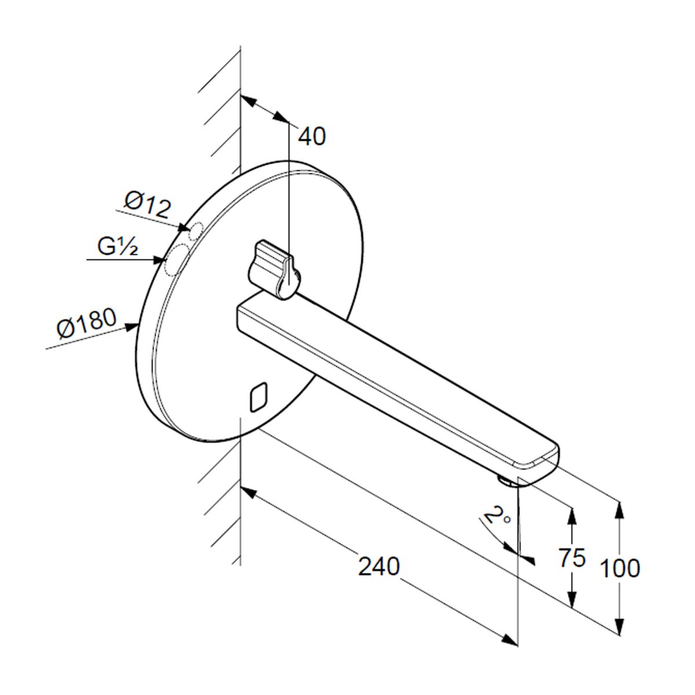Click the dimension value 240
pos(379,566)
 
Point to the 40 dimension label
pos(312,136)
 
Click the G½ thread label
pos(117,247)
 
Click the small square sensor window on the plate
pos(258,397)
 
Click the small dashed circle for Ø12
pos(196,231)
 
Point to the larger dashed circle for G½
pos(177,259)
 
